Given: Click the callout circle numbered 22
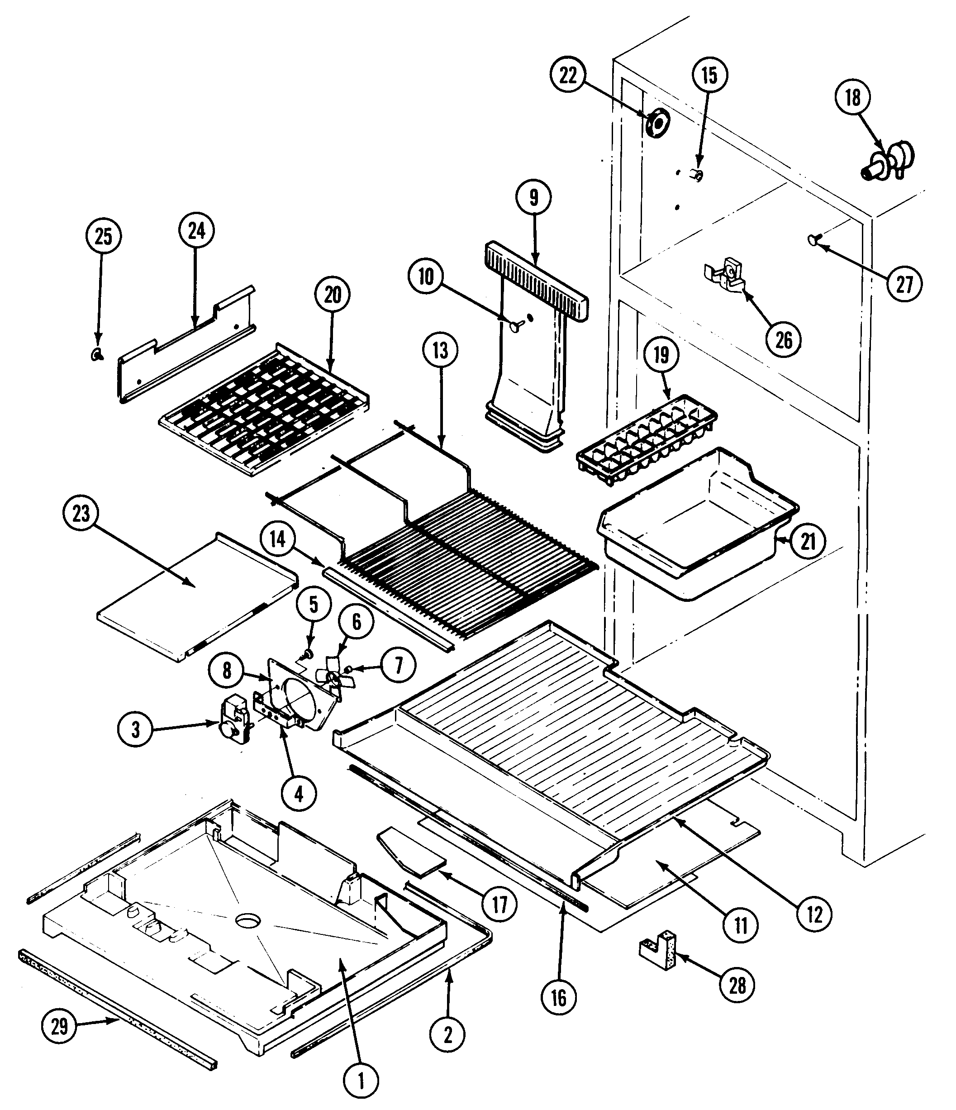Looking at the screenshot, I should click(x=568, y=76).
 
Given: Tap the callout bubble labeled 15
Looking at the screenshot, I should click(x=709, y=76).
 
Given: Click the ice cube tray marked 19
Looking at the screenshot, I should click(x=646, y=440).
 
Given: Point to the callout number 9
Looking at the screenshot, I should click(x=533, y=198).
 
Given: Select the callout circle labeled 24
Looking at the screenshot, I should click(x=196, y=231).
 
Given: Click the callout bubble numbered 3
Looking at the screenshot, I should click(x=135, y=729).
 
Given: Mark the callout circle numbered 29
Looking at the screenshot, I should click(x=59, y=1026).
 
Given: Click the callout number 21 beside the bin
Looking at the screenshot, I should click(x=808, y=542).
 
